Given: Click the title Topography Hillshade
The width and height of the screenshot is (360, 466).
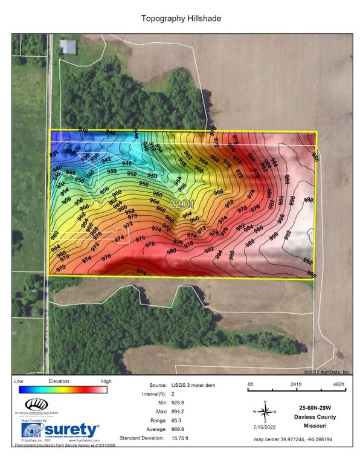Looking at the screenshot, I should tap(181, 19).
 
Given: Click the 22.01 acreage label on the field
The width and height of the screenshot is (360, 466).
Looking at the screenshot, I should tap(182, 204).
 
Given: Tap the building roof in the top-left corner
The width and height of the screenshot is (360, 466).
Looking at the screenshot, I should tap(68, 47).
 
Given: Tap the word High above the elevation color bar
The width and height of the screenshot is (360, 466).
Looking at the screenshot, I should tap(106, 381).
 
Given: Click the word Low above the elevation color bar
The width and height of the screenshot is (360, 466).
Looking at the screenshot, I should tap(19, 381).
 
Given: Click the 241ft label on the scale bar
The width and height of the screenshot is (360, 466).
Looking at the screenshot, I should tap(296, 384).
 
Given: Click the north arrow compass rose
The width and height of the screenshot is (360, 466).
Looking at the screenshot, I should tap(264, 410).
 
